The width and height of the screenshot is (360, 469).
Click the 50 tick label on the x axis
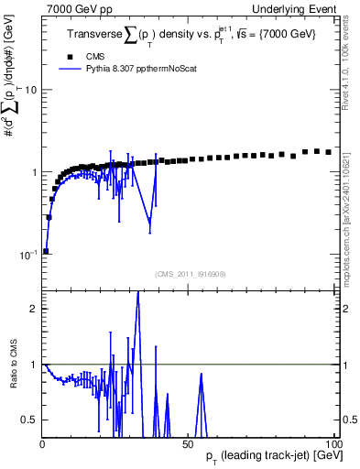[191, 443]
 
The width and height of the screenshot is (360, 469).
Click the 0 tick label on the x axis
[43, 443]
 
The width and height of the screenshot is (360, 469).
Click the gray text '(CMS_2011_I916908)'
[191, 272]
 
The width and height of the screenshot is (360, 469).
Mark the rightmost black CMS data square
[328, 152]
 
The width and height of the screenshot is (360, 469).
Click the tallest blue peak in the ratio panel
[137, 293]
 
